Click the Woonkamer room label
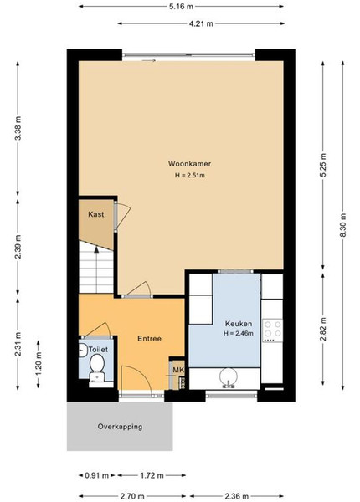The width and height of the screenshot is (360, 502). point(189,164)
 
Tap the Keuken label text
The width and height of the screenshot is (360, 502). point(239,324)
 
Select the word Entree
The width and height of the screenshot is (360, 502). point(149,338)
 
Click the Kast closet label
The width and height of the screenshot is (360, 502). point(96,214)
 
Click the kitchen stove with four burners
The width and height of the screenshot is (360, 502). point(272,330)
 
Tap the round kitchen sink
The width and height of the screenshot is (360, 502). point(228,377)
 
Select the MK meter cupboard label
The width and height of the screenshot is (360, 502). point(178,370)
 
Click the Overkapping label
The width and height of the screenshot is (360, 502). point(120,427)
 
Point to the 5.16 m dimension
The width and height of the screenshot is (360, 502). point(182,6)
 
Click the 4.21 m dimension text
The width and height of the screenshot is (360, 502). point(201,23)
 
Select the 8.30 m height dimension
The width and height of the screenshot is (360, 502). point(342,225)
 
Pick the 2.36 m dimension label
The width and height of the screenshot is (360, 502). point(236,496)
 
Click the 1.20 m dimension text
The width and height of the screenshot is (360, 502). point(39,364)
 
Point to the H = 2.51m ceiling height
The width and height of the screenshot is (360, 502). point(190,176)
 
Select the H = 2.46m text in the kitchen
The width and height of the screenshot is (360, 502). point(239,333)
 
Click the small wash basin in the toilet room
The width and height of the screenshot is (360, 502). point(82,350)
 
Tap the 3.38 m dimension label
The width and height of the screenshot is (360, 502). point(18,128)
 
